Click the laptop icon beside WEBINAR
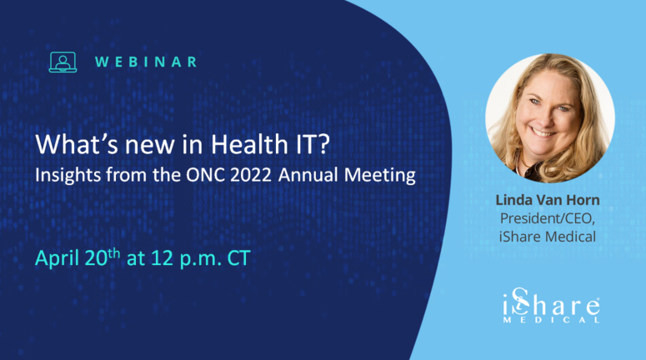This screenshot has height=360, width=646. pos(63,61)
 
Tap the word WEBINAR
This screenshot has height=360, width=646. pos(146,62)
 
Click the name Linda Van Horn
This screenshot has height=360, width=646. pos(548,201)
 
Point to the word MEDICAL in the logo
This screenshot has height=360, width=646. pos(557,319)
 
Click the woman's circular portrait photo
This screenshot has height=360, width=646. pos(549,117)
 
